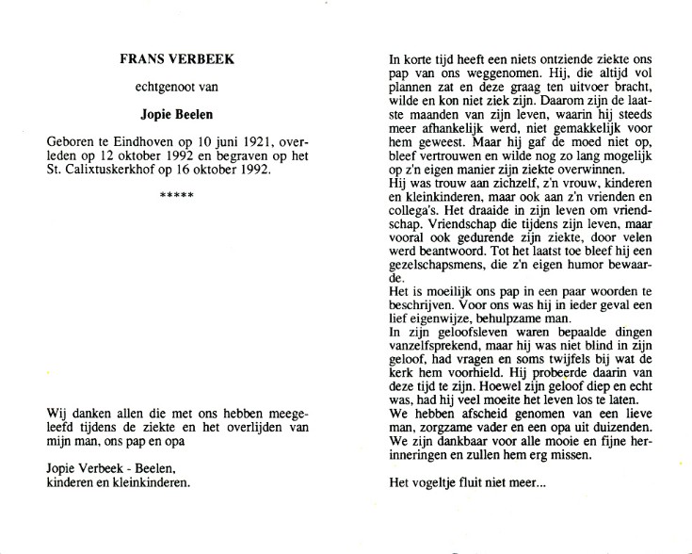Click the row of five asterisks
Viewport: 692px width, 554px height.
coord(177,195)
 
